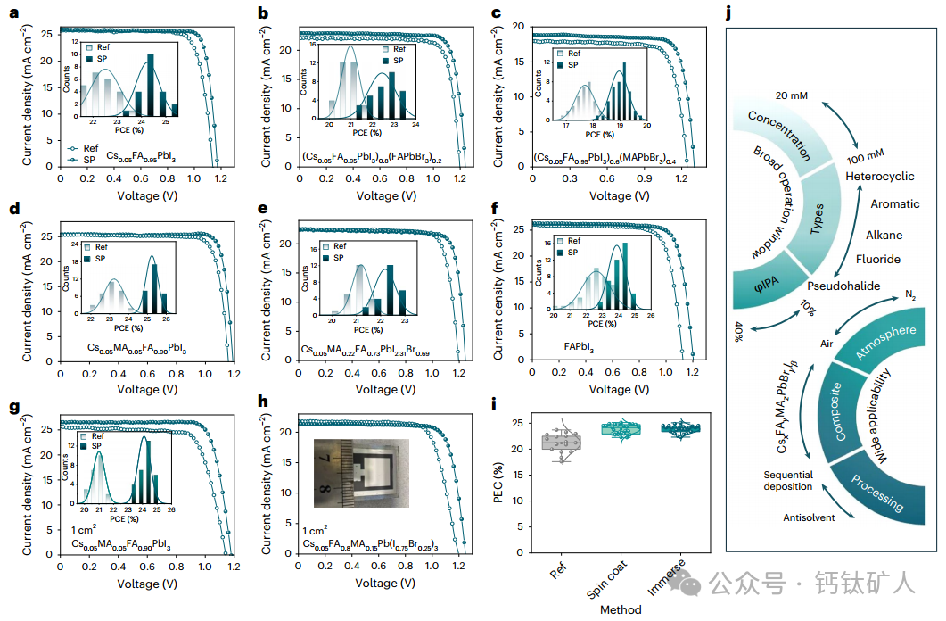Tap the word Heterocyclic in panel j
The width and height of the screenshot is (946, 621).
point(880,177)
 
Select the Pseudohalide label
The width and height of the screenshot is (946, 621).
point(843,286)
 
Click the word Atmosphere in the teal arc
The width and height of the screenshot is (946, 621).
point(885,344)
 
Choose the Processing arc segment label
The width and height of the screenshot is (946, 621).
point(877,493)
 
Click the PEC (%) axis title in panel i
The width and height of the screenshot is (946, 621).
point(500,474)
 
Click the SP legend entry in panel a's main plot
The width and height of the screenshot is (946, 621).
point(84,161)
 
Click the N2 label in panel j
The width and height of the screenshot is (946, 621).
point(909,294)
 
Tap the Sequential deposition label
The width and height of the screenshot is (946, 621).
point(787,480)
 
